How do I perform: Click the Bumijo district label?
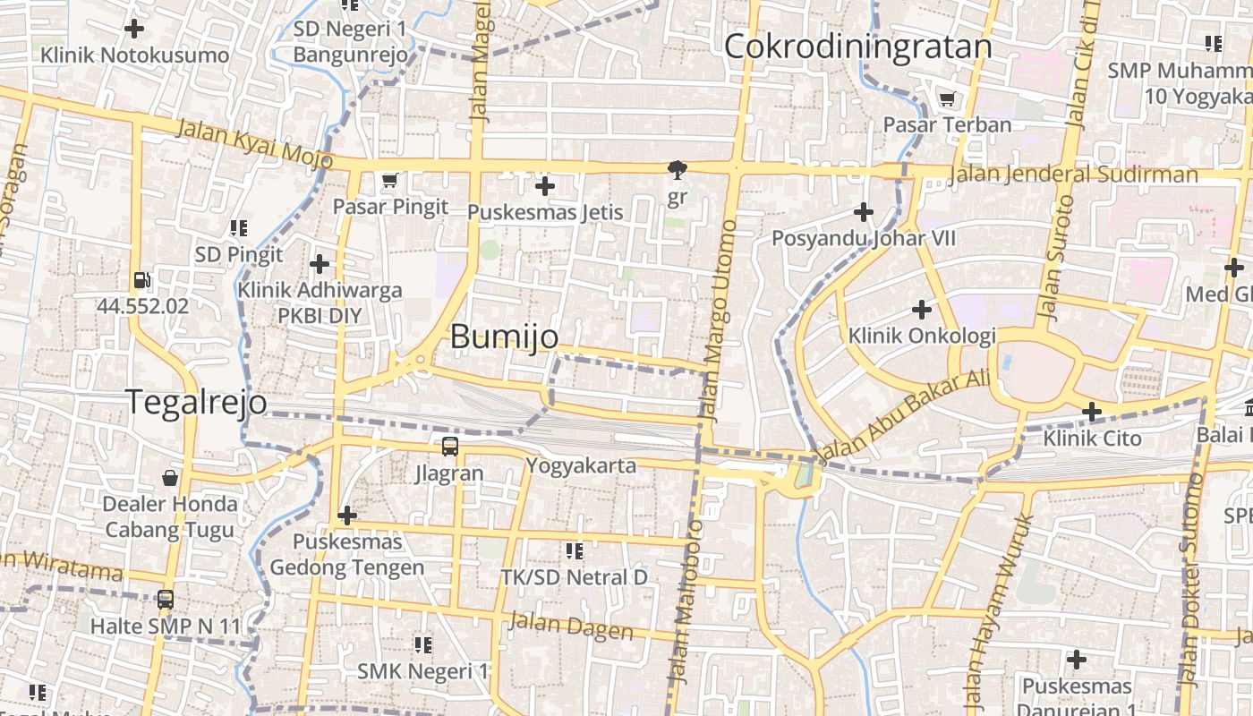[504, 337]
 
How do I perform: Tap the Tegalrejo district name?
[196, 402]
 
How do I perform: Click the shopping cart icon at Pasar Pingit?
[389, 181]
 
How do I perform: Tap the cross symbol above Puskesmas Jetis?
[544, 186]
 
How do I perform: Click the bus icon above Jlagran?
[449, 446]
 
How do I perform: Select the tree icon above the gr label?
[678, 169]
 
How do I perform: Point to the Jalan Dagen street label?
[571, 626]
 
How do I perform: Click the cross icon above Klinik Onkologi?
[922, 310]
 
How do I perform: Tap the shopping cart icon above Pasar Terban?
[947, 98]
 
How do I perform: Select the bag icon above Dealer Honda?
[170, 478]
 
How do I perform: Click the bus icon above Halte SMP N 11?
[166, 600]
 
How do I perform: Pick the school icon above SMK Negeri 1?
[423, 644]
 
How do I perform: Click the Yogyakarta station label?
[581, 465]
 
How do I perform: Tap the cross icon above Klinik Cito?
[1092, 412]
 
